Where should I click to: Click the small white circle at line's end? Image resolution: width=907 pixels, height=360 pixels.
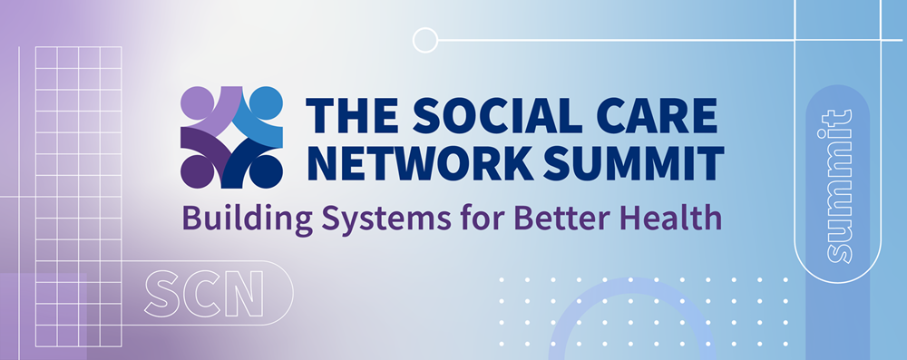coord(425,41)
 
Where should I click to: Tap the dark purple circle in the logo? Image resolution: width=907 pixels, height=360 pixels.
coord(197,172)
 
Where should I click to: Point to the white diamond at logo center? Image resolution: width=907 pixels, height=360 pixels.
coord(231,138)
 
